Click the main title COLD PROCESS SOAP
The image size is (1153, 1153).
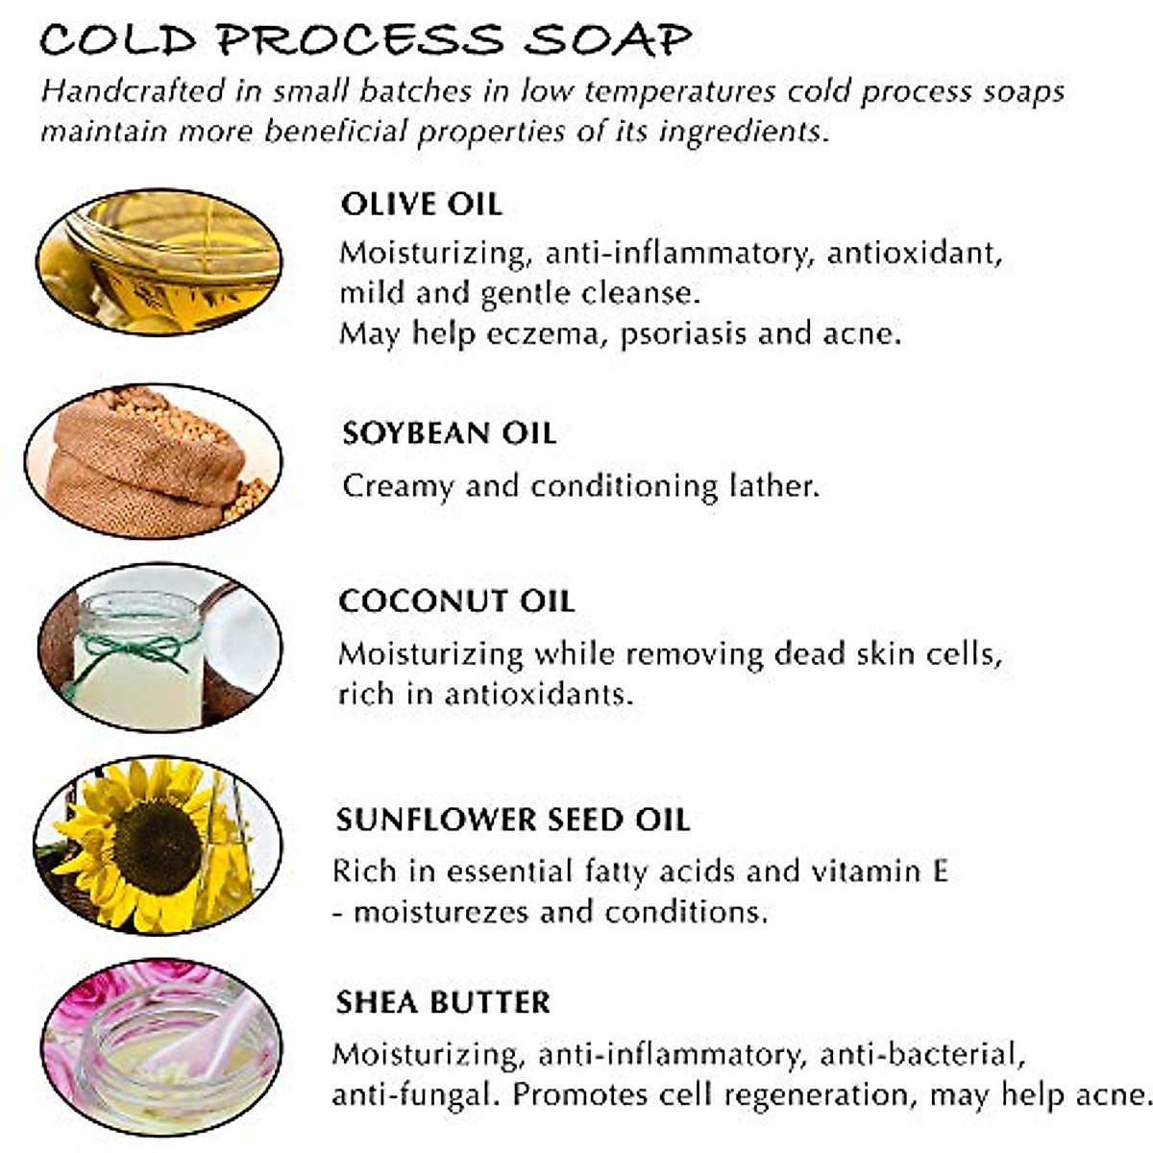pyautogui.click(x=365, y=40)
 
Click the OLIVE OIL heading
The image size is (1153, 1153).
pyautogui.click(x=421, y=204)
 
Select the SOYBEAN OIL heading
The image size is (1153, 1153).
pyautogui.click(x=449, y=432)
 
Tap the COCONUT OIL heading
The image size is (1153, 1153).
pyautogui.click(x=456, y=601)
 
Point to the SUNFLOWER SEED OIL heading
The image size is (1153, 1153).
pyautogui.click(x=512, y=820)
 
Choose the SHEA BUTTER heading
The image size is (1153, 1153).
pyautogui.click(x=443, y=1002)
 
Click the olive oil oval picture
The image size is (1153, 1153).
pyautogui.click(x=159, y=261)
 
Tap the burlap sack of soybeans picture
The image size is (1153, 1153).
pyautogui.click(x=144, y=461)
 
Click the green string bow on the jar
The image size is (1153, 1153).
pyautogui.click(x=135, y=650)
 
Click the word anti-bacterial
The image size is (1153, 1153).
pyautogui.click(x=922, y=1054)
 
